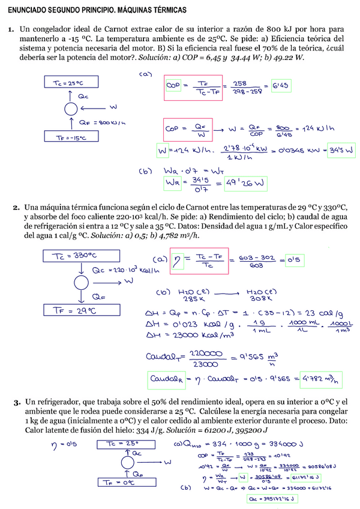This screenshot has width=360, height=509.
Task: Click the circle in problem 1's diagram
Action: (71, 109)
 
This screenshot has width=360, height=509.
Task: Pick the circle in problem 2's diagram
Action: (79, 282)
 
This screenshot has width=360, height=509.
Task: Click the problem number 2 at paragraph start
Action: (16, 208)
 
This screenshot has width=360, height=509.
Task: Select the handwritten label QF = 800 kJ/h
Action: (103, 122)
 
